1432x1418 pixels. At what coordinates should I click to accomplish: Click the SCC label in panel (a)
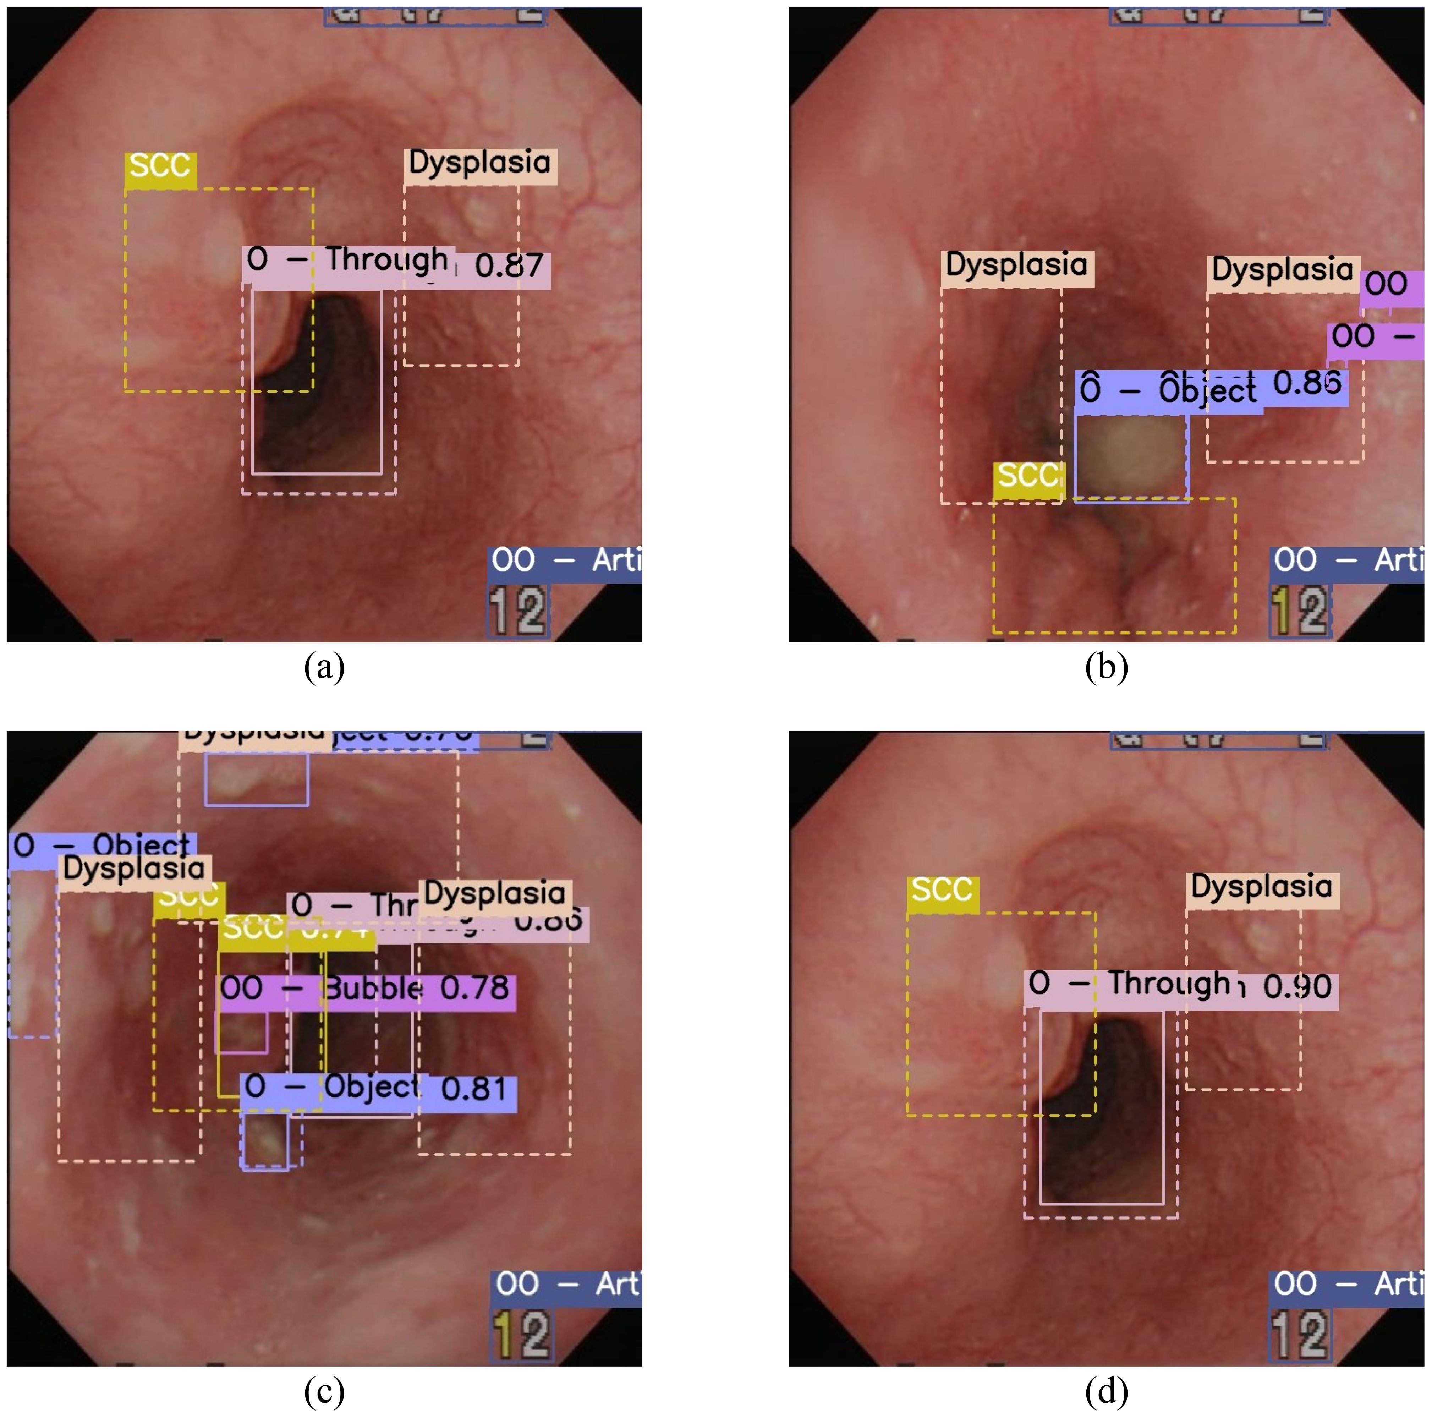click(x=160, y=167)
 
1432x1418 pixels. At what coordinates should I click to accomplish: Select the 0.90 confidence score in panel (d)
click(x=1298, y=987)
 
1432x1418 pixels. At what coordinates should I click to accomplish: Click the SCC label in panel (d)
click(x=941, y=890)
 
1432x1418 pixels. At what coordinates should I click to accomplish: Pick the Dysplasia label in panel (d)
click(x=1262, y=887)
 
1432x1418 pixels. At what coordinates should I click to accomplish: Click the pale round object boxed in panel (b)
click(x=1130, y=454)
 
